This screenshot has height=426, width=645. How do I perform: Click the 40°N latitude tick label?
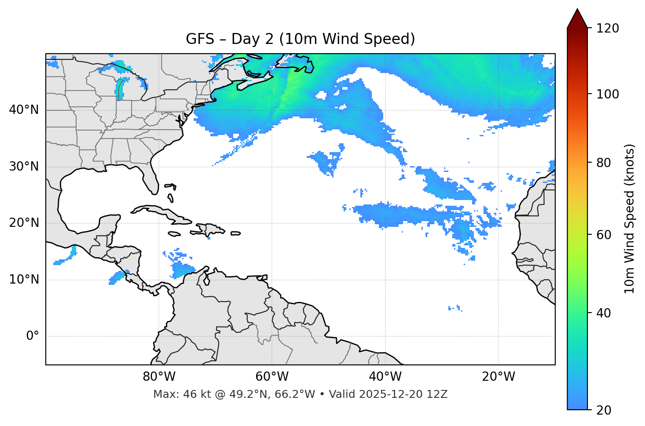coord(24,110)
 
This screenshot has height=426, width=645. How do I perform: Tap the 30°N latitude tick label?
coord(24,167)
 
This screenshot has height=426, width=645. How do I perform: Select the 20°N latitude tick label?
coord(24,223)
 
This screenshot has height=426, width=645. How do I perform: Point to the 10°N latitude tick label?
coord(24,280)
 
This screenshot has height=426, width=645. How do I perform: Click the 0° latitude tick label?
coord(33,336)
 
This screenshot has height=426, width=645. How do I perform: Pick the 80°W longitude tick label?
coord(159,377)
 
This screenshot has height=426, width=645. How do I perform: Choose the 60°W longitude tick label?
coord(272,377)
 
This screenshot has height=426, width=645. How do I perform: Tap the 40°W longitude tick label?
coord(385,377)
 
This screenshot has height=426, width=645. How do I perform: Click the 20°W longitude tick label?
coord(498,377)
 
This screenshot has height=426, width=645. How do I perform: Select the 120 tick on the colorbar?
coord(607,29)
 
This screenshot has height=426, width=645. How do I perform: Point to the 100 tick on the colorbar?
coord(607,94)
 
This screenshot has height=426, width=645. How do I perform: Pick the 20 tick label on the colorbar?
coord(604,410)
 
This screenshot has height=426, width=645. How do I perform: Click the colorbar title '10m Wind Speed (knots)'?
coord(630,219)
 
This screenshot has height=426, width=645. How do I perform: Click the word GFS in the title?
coord(200,39)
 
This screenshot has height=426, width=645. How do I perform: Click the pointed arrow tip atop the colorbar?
coord(577,11)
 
